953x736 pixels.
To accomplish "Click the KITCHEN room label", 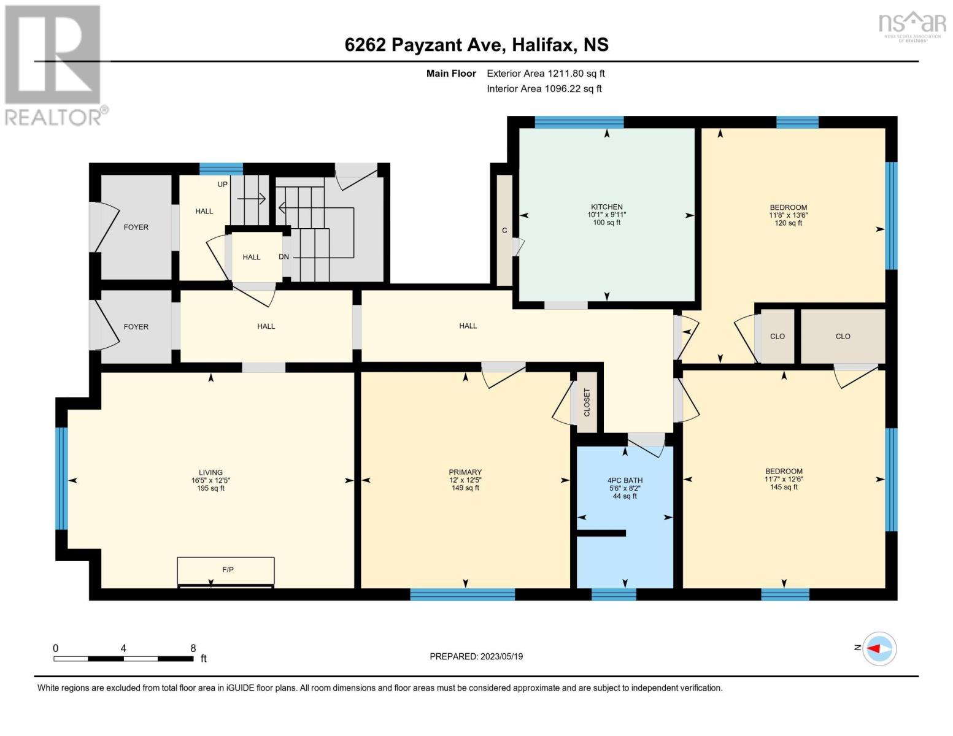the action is point(606,207).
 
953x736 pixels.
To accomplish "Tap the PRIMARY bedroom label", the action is point(465,472).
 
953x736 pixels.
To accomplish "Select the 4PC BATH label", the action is point(625,480).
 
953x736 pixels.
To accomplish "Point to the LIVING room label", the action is point(210,472).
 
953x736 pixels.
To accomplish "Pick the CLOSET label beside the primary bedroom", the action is point(587,402).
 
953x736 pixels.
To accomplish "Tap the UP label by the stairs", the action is point(223,185).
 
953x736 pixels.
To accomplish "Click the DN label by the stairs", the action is point(284,257).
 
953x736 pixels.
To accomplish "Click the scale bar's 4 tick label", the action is point(124,648).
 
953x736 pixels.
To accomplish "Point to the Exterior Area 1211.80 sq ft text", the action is point(546,74).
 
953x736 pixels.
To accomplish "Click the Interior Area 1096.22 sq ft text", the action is point(544,89).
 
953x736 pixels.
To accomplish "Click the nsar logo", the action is point(912,26).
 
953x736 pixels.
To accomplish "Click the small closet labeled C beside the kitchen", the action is point(504,231).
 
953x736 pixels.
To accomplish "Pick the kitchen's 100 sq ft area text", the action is point(606,223).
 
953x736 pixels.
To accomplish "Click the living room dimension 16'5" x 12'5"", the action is point(210,480).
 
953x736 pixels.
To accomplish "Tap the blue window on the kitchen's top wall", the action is point(579,122).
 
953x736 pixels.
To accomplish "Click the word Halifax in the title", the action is point(544,45).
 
